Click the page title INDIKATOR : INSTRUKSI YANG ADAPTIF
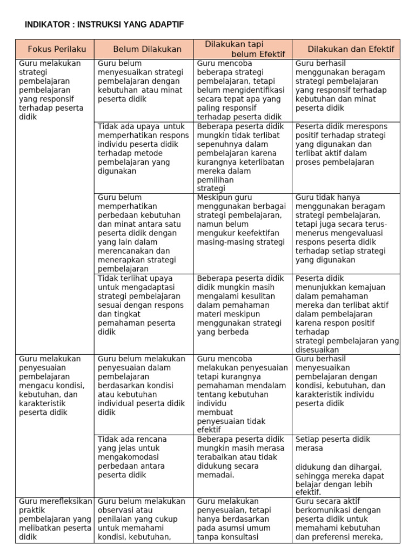[104, 25]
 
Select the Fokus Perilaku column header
[57, 49]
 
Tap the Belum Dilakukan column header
[147, 49]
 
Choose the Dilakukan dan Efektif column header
[351, 49]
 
